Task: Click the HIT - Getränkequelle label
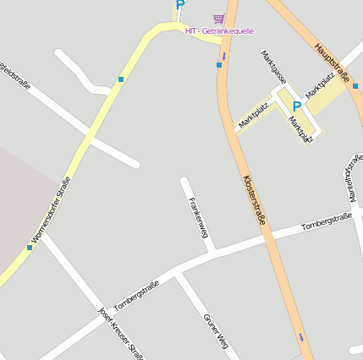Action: (x=219, y=31)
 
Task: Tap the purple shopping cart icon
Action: (x=219, y=19)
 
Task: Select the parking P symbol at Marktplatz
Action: (x=296, y=106)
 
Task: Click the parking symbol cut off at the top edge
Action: (x=179, y=4)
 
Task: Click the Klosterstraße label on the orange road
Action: (x=254, y=199)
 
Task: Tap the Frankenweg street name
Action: (x=199, y=217)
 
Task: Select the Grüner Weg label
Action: (x=215, y=330)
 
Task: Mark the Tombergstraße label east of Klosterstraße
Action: (x=326, y=221)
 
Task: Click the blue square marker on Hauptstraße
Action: (x=356, y=85)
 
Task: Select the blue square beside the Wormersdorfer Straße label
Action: (x=30, y=248)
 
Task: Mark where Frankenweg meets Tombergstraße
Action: (x=213, y=252)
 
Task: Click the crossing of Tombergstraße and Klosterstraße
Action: (x=269, y=237)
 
